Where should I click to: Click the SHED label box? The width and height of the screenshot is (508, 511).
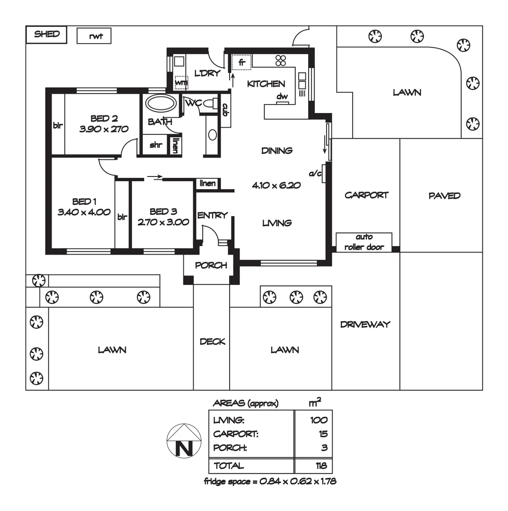(x=47, y=35)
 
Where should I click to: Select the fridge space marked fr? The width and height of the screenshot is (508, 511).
(x=241, y=62)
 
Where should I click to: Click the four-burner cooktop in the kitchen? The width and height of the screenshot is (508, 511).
(x=281, y=60)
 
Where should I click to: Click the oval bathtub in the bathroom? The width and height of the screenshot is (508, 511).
(x=161, y=104)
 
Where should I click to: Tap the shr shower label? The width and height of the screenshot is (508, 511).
(x=156, y=145)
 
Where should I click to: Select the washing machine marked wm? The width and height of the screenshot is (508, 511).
(x=181, y=82)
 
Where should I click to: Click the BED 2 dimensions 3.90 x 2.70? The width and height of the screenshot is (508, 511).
(x=104, y=129)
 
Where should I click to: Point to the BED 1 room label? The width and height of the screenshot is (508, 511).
(x=81, y=202)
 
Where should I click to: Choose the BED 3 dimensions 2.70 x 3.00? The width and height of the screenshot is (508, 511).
(x=163, y=221)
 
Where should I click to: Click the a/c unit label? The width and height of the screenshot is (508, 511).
(x=315, y=174)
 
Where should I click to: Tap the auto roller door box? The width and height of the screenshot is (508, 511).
(x=364, y=242)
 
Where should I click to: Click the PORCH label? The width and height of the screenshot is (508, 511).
(x=211, y=265)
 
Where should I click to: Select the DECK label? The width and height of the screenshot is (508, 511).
(x=212, y=342)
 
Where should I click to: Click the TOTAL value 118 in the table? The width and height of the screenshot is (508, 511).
(x=321, y=466)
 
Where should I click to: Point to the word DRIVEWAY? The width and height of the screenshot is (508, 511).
(x=365, y=325)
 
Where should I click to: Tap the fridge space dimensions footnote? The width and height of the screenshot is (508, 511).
(x=270, y=482)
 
